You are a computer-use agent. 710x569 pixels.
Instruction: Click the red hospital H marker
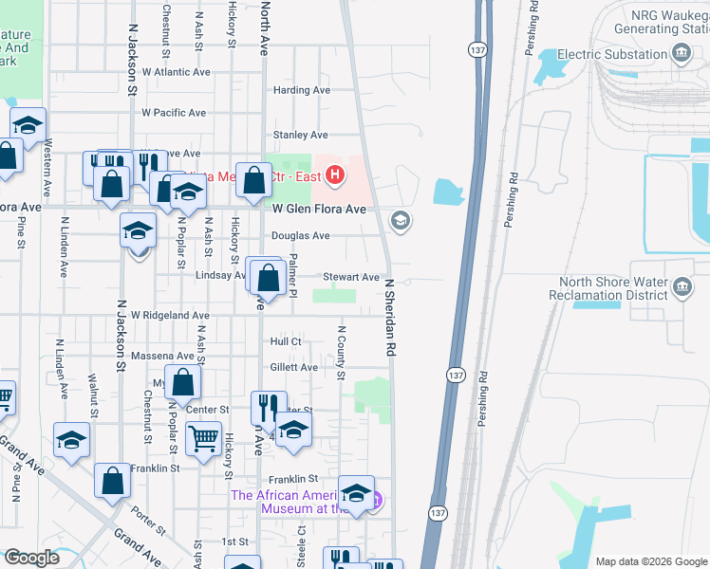[x=334, y=175]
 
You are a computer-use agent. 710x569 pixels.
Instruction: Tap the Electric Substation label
[x=612, y=54]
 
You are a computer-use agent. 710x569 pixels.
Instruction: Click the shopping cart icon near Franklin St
[x=203, y=439]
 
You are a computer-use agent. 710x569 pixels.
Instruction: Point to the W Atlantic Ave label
[x=176, y=71]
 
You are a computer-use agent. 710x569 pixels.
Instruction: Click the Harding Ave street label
[x=302, y=90]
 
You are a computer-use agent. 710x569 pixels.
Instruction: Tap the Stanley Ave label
[x=300, y=135]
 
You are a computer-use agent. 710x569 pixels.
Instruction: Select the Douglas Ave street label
[x=301, y=235]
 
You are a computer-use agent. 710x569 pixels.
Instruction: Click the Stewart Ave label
[x=350, y=277]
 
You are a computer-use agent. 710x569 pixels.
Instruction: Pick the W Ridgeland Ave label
[x=170, y=315]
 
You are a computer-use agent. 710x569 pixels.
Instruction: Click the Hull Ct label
[x=285, y=341]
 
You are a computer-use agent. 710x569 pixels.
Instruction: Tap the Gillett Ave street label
[x=293, y=367]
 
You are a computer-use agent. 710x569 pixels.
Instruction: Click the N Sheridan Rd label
[x=389, y=317]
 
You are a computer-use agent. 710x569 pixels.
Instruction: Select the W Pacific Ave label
[x=174, y=113]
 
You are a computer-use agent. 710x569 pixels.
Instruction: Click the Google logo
[x=31, y=558]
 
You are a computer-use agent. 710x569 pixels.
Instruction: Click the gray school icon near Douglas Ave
[x=401, y=221]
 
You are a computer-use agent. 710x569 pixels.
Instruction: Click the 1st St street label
[x=234, y=541]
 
